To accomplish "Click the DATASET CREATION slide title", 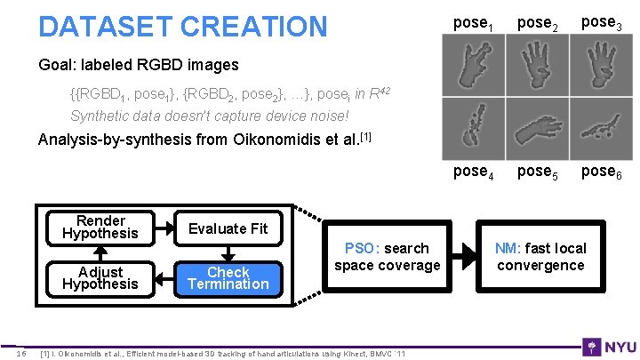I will point(182,27).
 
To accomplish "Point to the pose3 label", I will point(602,24).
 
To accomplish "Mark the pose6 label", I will point(602,172).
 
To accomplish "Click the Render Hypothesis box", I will point(100,228).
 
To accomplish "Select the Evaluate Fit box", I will point(228,228).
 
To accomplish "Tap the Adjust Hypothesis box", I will point(100,278).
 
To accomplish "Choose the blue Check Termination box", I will point(228,278).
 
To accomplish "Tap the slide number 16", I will point(22,355).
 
